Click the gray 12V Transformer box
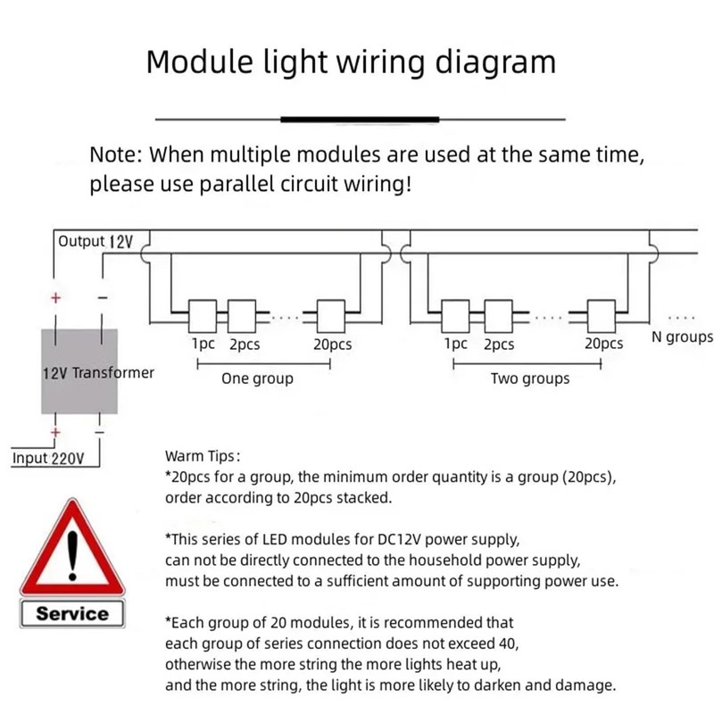[x=80, y=370]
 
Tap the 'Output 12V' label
[x=94, y=242]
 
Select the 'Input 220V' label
[x=48, y=459]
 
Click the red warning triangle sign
[x=71, y=551]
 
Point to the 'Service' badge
[x=72, y=614]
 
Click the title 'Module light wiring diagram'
[x=351, y=62]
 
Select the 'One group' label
[x=257, y=378]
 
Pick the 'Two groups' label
[x=530, y=378]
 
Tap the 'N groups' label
[x=683, y=337]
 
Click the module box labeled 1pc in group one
[x=203, y=314]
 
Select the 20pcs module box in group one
[x=331, y=314]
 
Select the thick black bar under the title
[x=359, y=119]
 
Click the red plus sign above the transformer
[x=55, y=299]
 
